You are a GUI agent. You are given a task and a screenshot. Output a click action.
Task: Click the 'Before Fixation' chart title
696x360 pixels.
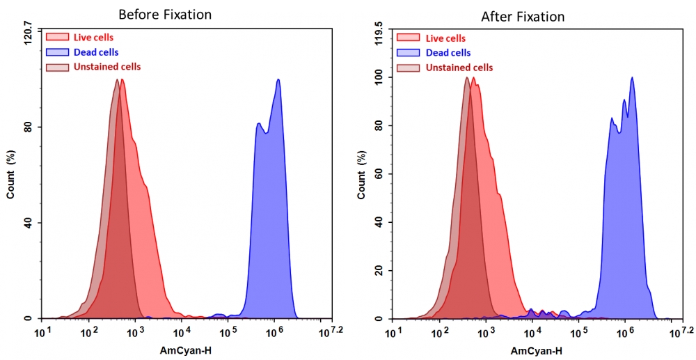click(165, 14)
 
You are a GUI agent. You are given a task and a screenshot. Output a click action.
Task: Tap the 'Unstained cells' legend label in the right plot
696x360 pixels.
click(459, 68)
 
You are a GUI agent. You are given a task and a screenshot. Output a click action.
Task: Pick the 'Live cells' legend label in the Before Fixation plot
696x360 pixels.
click(93, 38)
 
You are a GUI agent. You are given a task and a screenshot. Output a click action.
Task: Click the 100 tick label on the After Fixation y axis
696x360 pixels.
click(379, 78)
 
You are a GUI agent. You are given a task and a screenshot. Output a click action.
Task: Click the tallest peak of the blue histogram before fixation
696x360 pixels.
click(278, 79)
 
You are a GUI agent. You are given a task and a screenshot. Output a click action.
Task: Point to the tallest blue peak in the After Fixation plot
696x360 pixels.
click(632, 77)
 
